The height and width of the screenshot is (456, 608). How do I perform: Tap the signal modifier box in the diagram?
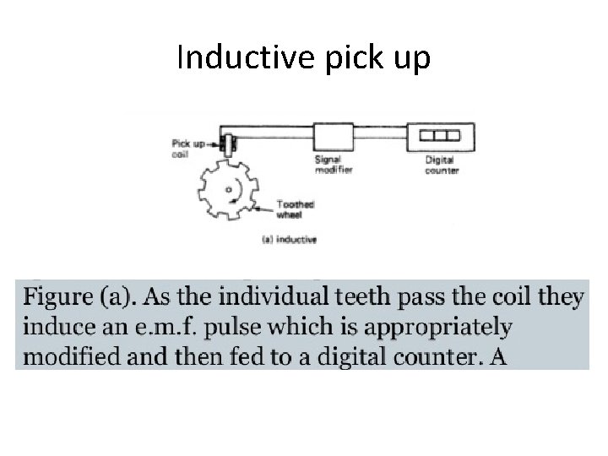point(333,136)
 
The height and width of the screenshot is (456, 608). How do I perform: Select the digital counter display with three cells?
point(441,135)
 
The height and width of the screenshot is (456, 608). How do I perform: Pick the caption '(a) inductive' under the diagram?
point(290,239)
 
